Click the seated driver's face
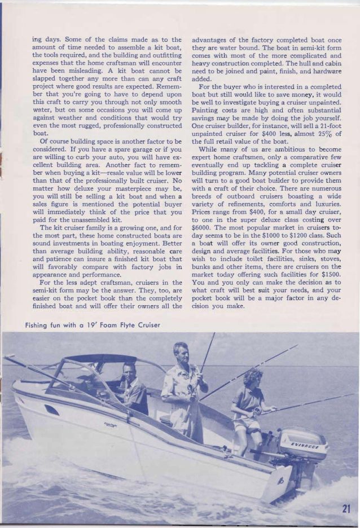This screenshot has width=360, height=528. click(129, 371)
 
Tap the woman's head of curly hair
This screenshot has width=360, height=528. click(252, 377)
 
